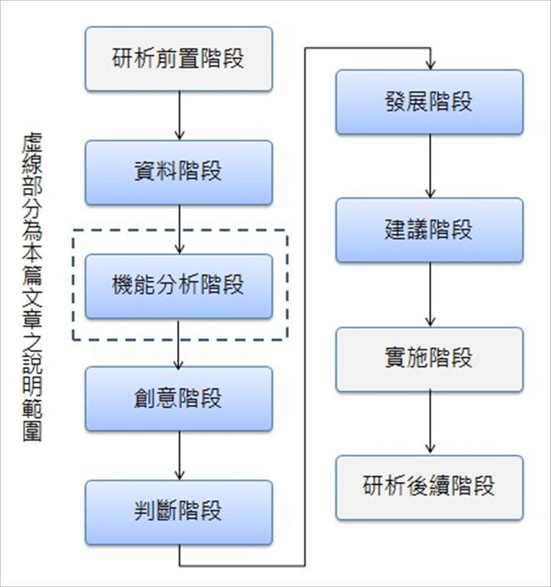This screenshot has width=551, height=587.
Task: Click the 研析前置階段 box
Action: [178, 59]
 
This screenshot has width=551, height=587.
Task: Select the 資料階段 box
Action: [178, 172]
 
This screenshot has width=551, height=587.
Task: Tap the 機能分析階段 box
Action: [178, 286]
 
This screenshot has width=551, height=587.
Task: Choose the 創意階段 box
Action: [178, 398]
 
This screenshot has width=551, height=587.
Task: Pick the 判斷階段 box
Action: [178, 512]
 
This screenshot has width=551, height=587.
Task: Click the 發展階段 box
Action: [429, 102]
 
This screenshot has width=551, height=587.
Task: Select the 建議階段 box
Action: [429, 230]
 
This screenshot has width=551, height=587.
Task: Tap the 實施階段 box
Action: [429, 359]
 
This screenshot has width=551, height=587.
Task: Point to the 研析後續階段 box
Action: [429, 487]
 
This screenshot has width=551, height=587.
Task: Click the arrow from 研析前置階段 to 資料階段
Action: [178, 115]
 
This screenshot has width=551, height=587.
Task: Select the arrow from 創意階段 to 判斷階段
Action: [178, 455]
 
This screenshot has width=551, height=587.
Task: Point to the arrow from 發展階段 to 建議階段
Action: [430, 166]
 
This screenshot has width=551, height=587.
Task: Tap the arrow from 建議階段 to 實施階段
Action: [430, 294]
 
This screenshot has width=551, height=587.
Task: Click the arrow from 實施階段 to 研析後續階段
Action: [430, 423]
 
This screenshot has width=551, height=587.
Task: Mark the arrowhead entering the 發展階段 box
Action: [430, 65]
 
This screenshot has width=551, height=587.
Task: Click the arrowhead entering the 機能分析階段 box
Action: [178, 249]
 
